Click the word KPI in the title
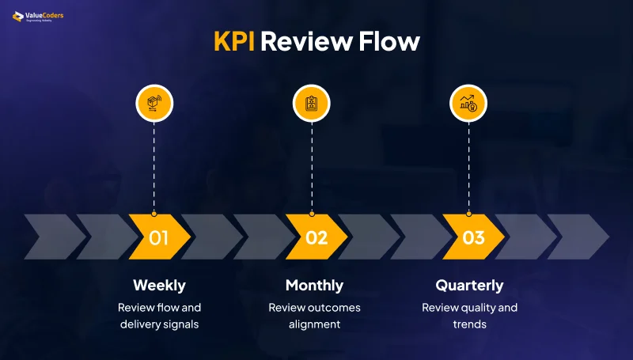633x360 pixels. (234, 41)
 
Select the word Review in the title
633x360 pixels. (307, 41)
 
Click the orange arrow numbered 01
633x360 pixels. (158, 237)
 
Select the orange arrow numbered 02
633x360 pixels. (316, 237)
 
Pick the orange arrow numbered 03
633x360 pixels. (473, 237)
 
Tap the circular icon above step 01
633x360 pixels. (154, 103)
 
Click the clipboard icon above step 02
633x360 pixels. (311, 103)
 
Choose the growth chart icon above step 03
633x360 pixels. (468, 103)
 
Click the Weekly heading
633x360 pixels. (159, 285)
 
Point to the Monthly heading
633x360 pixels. (314, 285)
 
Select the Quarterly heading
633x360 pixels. (469, 285)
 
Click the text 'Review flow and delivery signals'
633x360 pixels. (159, 316)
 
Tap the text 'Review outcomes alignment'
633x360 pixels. (314, 316)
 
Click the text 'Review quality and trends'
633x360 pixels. (469, 316)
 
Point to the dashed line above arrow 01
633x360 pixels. (154, 166)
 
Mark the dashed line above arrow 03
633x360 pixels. (468, 166)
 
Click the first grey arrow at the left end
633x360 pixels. (54, 237)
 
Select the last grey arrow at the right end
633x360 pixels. (577, 237)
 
